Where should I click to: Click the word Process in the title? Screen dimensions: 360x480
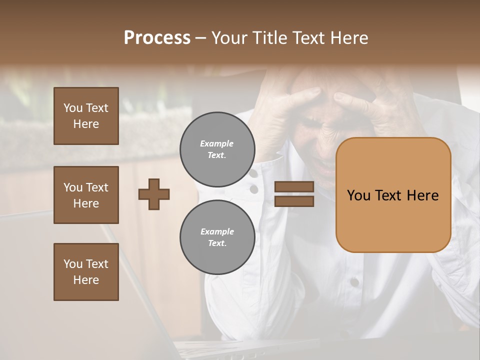157,38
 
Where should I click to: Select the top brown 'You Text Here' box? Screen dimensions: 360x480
86,116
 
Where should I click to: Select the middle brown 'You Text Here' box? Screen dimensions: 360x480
86,195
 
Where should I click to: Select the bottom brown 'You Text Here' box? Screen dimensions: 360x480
86,271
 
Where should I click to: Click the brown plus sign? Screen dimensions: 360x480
154,194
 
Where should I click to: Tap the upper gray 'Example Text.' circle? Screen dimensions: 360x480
217,149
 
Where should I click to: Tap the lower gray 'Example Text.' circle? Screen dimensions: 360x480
217,237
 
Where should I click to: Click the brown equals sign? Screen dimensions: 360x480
294,194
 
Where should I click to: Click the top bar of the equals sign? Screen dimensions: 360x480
294,187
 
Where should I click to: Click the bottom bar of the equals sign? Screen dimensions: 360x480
294,201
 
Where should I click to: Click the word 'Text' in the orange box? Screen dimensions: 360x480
392,195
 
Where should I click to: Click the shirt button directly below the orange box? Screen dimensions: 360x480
354,282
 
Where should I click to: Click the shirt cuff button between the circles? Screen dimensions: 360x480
254,189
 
